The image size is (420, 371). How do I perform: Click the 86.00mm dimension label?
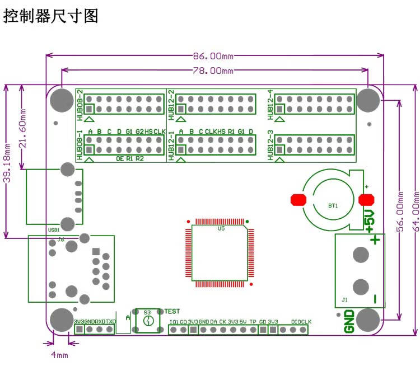(x=213, y=56)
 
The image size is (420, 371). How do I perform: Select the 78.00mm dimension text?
(x=213, y=71)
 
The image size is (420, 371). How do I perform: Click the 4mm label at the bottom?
(x=59, y=354)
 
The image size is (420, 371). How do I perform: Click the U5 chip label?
(x=221, y=229)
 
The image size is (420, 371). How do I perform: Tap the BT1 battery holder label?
(x=333, y=205)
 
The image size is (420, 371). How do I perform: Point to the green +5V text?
(x=369, y=219)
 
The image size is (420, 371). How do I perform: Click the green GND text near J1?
(x=349, y=321)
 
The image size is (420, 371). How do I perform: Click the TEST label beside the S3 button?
(x=172, y=311)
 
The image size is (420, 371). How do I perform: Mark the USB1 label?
(x=54, y=229)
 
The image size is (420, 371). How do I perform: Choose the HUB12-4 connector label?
(x=271, y=105)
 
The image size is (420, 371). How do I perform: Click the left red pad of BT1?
(x=297, y=199)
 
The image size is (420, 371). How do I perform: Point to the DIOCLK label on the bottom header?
(x=301, y=321)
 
